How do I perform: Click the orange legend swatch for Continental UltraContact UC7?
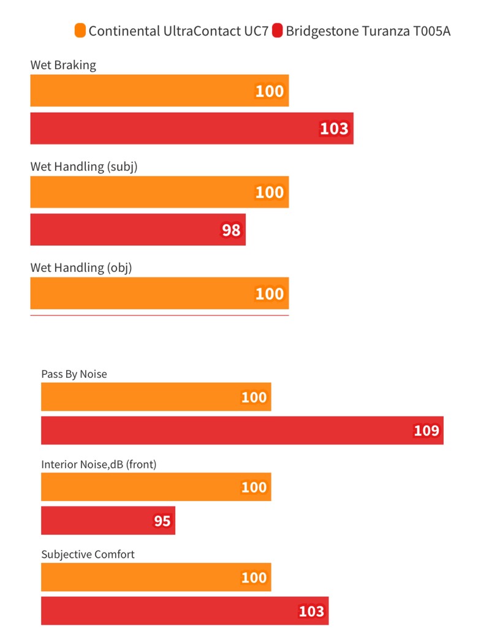pos(80,31)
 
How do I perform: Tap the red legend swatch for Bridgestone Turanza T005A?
pos(277,31)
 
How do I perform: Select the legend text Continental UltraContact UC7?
pos(178,31)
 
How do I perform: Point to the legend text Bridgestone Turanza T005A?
pos(368,31)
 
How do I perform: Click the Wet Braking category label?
pos(63,65)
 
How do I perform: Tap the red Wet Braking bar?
pos(192,129)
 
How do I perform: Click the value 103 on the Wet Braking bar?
pos(334,129)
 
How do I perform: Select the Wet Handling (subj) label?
pos(84,167)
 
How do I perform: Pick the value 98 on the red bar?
pos(231,230)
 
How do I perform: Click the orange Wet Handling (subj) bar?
pos(159,192)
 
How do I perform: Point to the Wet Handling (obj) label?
pos(81,268)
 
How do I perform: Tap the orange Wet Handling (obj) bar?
pos(159,293)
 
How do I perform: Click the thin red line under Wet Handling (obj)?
pos(159,315)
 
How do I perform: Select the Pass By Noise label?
pos(74,374)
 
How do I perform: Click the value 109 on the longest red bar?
pos(427,431)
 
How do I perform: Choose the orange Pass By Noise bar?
pos(156,396)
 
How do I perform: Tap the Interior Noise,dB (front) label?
pos(99,464)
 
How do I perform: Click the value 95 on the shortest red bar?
pos(162,521)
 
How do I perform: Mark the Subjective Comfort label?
pos(88,554)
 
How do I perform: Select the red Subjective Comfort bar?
pos(184,611)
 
